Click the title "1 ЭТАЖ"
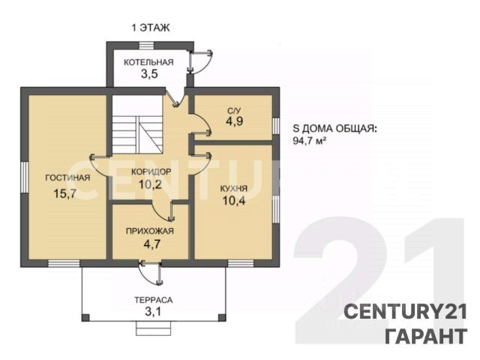tap(151, 28)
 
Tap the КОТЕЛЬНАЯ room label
tap(148, 62)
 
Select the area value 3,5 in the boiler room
tap(149, 74)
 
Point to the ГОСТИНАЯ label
tap(67, 178)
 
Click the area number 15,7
tap(64, 193)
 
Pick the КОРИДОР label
tap(151, 172)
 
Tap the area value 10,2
tap(150, 184)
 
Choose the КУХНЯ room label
tap(234, 188)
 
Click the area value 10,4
tap(234, 201)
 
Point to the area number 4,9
tap(235, 121)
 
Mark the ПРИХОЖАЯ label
tap(150, 231)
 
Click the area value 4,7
tap(152, 244)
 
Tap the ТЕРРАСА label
tap(153, 300)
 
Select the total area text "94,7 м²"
tap(309, 141)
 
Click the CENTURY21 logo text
tap(405, 312)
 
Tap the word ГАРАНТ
tap(426, 337)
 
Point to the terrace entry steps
tap(153, 328)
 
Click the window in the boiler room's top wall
tap(147, 46)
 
